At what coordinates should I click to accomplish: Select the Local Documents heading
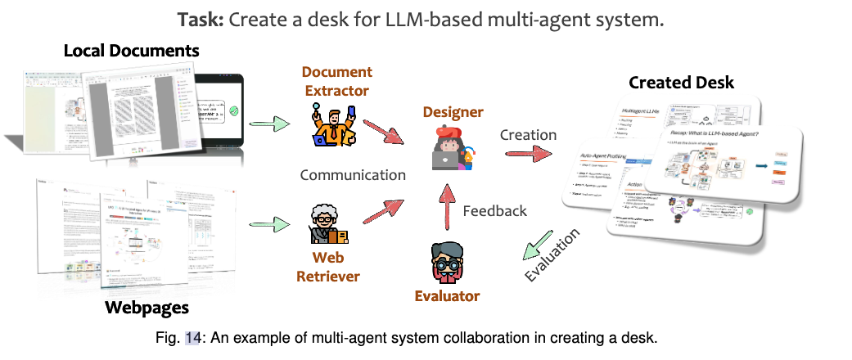click(x=132, y=52)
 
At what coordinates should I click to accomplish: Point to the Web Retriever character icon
click(x=327, y=225)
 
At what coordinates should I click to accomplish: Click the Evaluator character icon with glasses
click(x=447, y=261)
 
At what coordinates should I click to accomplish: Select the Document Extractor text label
click(x=336, y=81)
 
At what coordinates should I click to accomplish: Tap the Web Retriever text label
click(x=327, y=267)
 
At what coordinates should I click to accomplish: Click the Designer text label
click(x=453, y=111)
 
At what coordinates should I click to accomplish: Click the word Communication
click(x=353, y=174)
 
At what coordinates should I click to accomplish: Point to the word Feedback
click(x=494, y=210)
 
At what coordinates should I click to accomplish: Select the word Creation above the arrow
click(x=528, y=134)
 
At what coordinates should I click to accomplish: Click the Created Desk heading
click(x=681, y=82)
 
